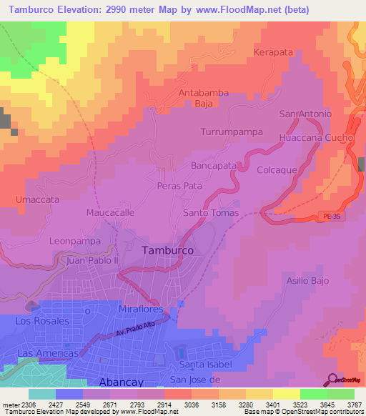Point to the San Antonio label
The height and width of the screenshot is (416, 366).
click(305, 114)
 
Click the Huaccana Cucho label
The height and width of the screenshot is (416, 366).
click(315, 137)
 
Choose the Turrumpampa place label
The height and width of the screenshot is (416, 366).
click(232, 133)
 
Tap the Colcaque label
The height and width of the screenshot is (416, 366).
click(277, 170)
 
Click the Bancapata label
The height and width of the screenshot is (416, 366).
click(214, 165)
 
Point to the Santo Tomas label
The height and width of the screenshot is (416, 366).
click(210, 214)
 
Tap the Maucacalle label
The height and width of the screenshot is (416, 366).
click(111, 213)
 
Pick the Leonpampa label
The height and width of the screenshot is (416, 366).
click(75, 242)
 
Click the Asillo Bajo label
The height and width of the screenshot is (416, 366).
click(308, 281)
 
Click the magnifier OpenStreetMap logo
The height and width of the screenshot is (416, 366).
click(333, 380)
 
